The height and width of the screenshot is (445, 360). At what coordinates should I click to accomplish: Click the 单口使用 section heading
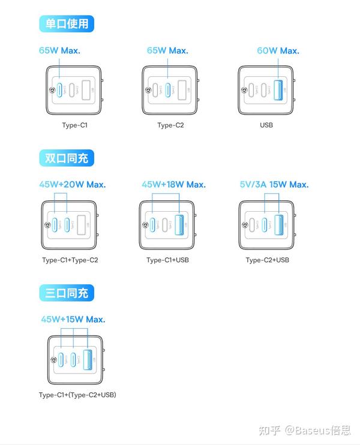pos(67,24)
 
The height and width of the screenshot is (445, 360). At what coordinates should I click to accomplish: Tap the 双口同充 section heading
pos(67,159)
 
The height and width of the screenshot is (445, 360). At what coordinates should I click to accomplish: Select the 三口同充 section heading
pos(67,293)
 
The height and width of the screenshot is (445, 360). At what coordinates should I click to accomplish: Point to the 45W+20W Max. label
pos(73,185)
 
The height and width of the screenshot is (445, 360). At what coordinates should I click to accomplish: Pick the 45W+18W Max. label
pos(173,185)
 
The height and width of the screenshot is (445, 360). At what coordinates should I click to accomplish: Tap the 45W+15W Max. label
pos(73,320)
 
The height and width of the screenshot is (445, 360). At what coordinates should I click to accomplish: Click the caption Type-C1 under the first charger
pos(75,125)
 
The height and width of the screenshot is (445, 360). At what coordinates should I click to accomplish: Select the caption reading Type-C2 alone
pos(170,125)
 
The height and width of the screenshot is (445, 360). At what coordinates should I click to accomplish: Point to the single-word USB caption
pos(266,125)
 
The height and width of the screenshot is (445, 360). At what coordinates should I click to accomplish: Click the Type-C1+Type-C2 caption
pos(70,260)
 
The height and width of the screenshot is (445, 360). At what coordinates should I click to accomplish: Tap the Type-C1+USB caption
pos(169,260)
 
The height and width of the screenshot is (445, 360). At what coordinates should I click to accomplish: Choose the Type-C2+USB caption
pos(267,260)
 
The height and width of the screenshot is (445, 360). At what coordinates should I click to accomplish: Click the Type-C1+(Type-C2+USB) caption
pos(77,395)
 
